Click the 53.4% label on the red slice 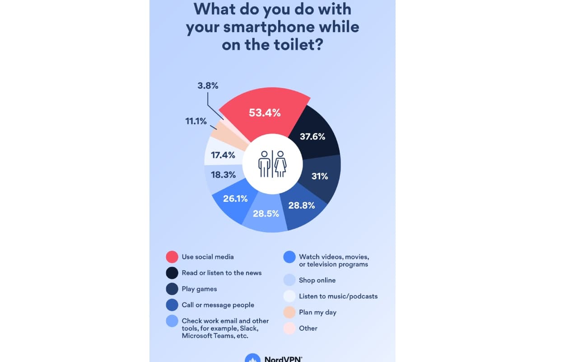(265, 113)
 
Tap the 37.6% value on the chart (312, 136)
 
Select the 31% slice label (319, 176)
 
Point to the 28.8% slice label (301, 205)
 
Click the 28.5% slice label (266, 213)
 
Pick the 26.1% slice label (235, 198)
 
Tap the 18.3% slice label (223, 174)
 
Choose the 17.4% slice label (223, 155)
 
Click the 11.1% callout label (196, 121)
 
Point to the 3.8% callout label (208, 85)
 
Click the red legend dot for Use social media (172, 257)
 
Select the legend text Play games (199, 289)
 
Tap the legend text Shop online (317, 280)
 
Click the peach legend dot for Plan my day (289, 312)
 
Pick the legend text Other (308, 328)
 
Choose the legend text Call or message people (218, 305)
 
